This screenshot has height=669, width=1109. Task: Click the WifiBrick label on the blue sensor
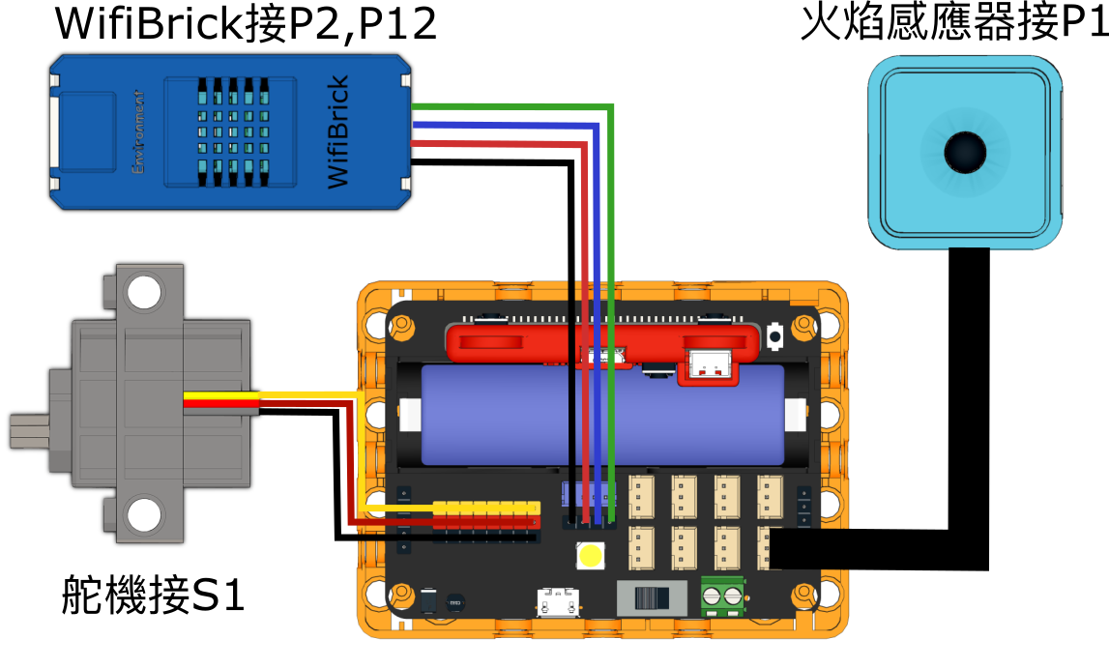[x=337, y=132]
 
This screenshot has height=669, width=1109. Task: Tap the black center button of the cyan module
[x=964, y=151]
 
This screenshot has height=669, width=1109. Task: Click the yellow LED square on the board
[x=589, y=555]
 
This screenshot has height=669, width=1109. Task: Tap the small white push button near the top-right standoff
[x=774, y=334]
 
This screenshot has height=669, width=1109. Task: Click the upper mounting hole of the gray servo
[x=143, y=292]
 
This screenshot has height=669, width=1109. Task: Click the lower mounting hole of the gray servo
[x=144, y=514]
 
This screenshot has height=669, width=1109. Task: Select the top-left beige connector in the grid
[x=642, y=495]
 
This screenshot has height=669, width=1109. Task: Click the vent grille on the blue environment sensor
[x=231, y=131]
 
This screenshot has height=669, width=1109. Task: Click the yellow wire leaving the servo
[x=290, y=394]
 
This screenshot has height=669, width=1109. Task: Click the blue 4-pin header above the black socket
[x=589, y=496]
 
